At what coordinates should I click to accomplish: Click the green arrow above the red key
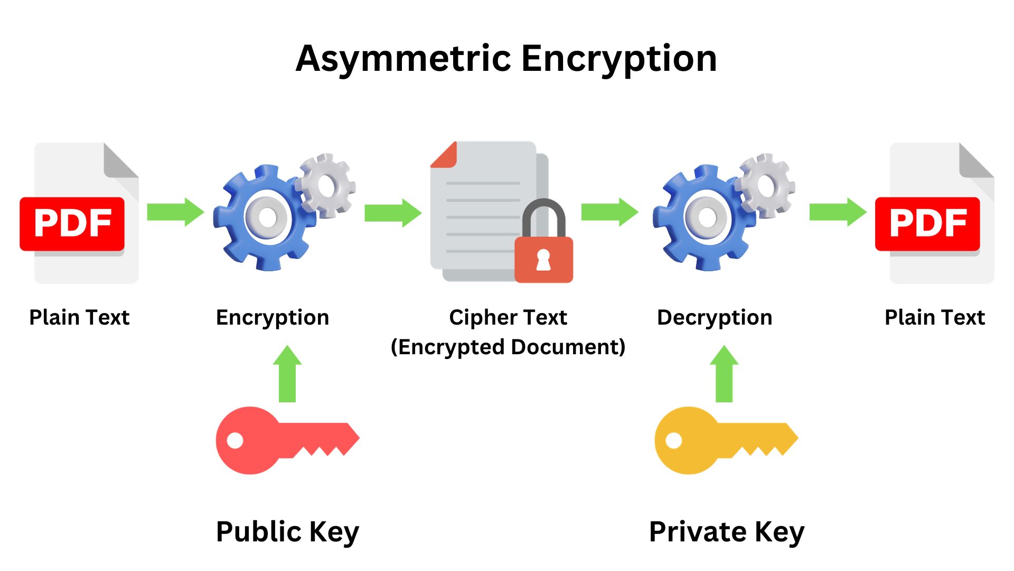click(287, 374)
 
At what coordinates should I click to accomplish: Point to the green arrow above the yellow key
click(724, 374)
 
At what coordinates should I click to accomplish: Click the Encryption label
click(273, 317)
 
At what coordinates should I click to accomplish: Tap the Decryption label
click(715, 317)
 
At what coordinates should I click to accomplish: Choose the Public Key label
click(287, 531)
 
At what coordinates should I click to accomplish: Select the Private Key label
click(727, 531)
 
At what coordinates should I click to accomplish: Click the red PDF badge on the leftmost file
click(72, 223)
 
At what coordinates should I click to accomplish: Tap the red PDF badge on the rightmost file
click(927, 223)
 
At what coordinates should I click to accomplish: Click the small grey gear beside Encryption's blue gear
click(326, 186)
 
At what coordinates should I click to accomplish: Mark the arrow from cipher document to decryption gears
click(609, 212)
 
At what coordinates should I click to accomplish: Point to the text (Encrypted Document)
click(508, 347)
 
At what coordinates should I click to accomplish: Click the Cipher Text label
click(508, 317)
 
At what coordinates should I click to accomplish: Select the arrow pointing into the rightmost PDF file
click(838, 212)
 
